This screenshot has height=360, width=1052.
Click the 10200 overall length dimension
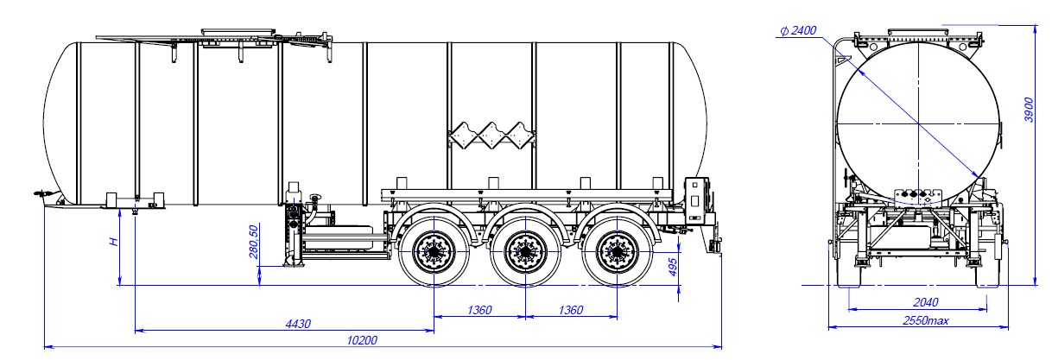click(362, 339)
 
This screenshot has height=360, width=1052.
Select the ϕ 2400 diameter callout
click(797, 31)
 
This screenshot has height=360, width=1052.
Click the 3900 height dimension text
click(1027, 107)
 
